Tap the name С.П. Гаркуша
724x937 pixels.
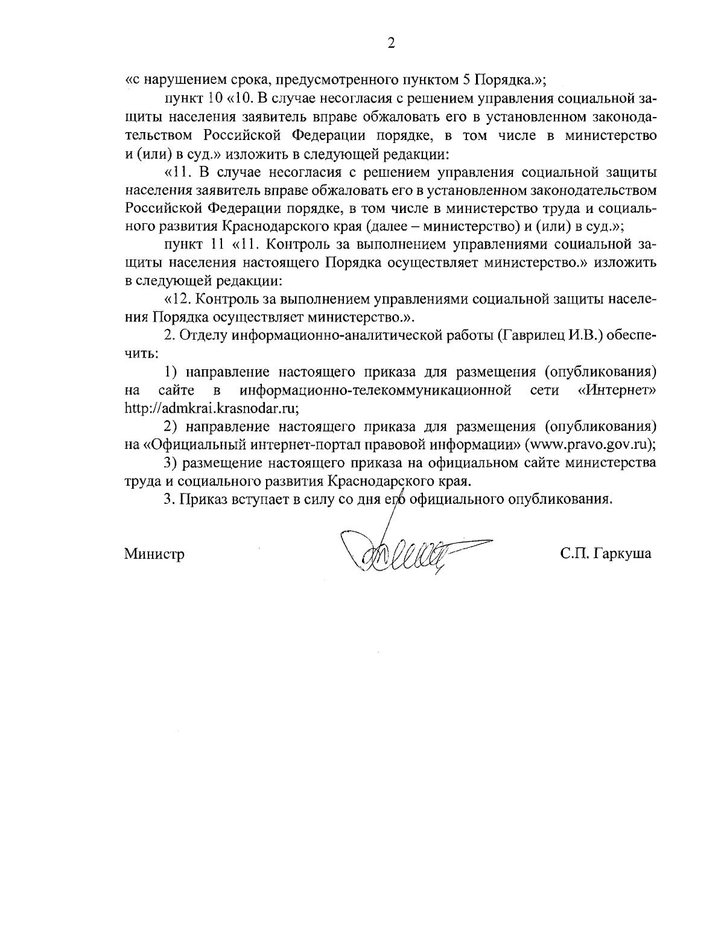pyautogui.click(x=605, y=554)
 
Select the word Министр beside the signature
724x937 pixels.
pyautogui.click(x=154, y=554)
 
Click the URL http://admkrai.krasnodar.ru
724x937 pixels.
pyautogui.click(x=211, y=407)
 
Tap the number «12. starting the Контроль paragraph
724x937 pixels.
pyautogui.click(x=178, y=298)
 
